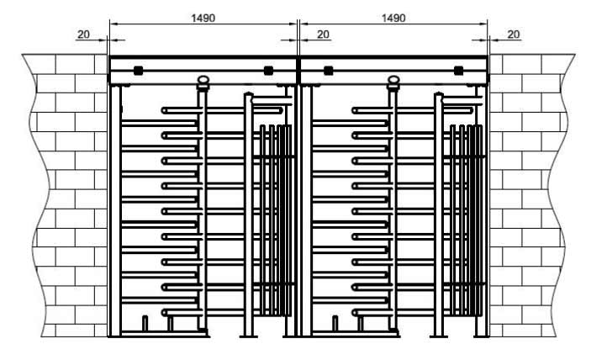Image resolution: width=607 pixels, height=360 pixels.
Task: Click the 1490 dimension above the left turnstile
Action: (x=203, y=18)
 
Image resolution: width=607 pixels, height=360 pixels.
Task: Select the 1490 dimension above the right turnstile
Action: (x=393, y=18)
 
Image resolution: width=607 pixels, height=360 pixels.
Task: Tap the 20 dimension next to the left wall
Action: (x=83, y=34)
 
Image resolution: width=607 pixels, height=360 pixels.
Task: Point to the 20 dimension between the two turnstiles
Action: (x=323, y=34)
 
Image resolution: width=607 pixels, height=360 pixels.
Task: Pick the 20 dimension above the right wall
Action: (x=513, y=34)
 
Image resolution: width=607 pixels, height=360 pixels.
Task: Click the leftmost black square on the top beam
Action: (x=138, y=71)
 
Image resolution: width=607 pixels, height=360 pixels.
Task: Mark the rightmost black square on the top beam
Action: (x=458, y=71)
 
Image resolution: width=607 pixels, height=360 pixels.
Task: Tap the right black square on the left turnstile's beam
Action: (x=268, y=71)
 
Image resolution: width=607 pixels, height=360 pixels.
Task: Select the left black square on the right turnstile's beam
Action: (x=328, y=71)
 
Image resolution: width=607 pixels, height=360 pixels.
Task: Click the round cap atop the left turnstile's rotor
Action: (x=203, y=81)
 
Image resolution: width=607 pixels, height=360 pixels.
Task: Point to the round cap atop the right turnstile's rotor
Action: (x=393, y=81)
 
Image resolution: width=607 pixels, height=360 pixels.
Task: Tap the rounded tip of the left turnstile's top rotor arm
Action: (x=164, y=111)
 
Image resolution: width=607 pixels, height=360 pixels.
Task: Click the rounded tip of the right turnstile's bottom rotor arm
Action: (x=355, y=312)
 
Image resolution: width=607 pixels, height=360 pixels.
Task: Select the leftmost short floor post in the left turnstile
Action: (x=145, y=324)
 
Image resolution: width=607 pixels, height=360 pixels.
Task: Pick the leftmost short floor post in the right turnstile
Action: (x=335, y=324)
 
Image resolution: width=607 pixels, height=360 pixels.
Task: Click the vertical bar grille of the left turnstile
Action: (x=276, y=220)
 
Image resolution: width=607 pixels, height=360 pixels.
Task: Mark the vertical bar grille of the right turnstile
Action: (x=466, y=220)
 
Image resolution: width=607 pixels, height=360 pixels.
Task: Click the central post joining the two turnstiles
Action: (x=298, y=209)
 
